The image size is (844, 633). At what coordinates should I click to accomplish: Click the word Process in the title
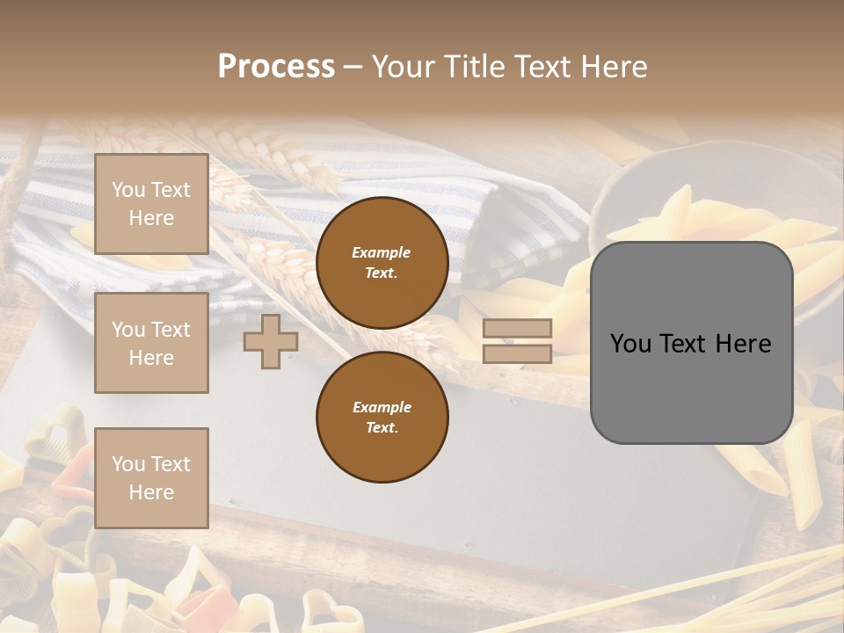tap(276, 67)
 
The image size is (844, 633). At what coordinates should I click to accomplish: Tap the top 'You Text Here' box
tap(151, 204)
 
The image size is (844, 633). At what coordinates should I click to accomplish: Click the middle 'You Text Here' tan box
tap(151, 343)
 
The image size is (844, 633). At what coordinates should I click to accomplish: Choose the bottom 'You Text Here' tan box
tap(151, 477)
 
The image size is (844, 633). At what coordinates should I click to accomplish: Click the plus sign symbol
tap(270, 341)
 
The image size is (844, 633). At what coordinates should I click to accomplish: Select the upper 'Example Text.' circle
tap(382, 262)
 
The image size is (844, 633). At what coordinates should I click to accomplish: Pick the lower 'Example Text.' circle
tap(382, 417)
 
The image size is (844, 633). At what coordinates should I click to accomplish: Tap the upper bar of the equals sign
tap(517, 328)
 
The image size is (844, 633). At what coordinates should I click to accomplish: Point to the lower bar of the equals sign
tap(517, 353)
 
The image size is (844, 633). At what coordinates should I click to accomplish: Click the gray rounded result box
tap(691, 343)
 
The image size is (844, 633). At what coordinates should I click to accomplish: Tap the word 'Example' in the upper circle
tap(381, 252)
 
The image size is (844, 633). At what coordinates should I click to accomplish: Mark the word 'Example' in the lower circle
tap(382, 407)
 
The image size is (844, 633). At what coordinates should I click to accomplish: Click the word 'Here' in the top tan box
tap(151, 218)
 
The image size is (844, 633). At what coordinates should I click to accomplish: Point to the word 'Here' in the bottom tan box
tap(151, 492)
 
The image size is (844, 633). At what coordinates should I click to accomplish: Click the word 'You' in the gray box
tap(630, 344)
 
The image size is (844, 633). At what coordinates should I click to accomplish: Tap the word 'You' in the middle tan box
tap(128, 330)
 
